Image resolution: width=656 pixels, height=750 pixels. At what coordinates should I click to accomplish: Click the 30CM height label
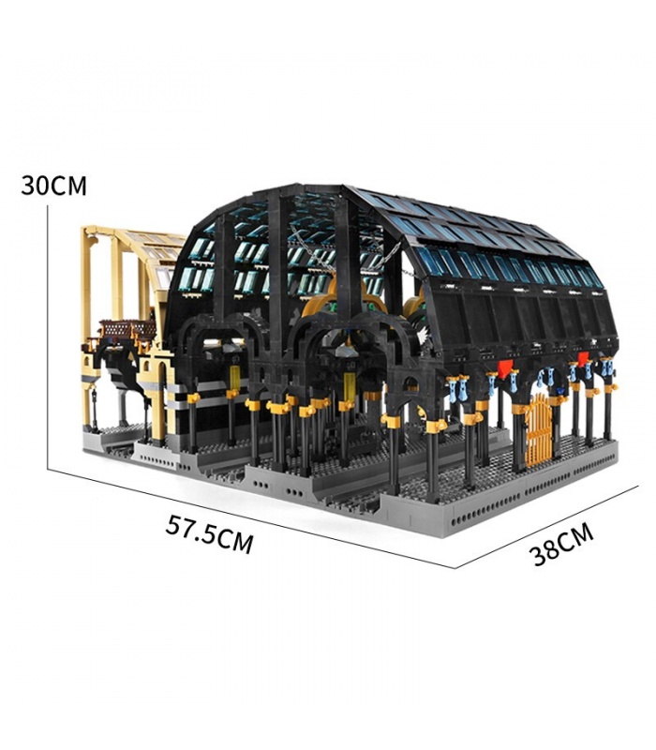tap(53, 186)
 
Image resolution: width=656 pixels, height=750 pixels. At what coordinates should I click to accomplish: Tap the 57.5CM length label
tap(209, 533)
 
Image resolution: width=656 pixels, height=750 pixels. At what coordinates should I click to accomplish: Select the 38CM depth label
tap(561, 545)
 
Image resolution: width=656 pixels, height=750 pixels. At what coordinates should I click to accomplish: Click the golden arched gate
tap(538, 429)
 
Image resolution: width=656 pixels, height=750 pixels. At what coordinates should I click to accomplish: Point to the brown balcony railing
tap(127, 330)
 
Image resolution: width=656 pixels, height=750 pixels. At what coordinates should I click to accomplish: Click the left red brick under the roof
tap(503, 369)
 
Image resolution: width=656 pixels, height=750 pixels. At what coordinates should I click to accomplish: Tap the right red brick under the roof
tap(583, 359)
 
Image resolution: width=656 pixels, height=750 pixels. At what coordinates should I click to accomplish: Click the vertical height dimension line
tap(48, 337)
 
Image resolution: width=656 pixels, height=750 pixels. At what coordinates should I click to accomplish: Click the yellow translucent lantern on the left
tap(235, 378)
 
